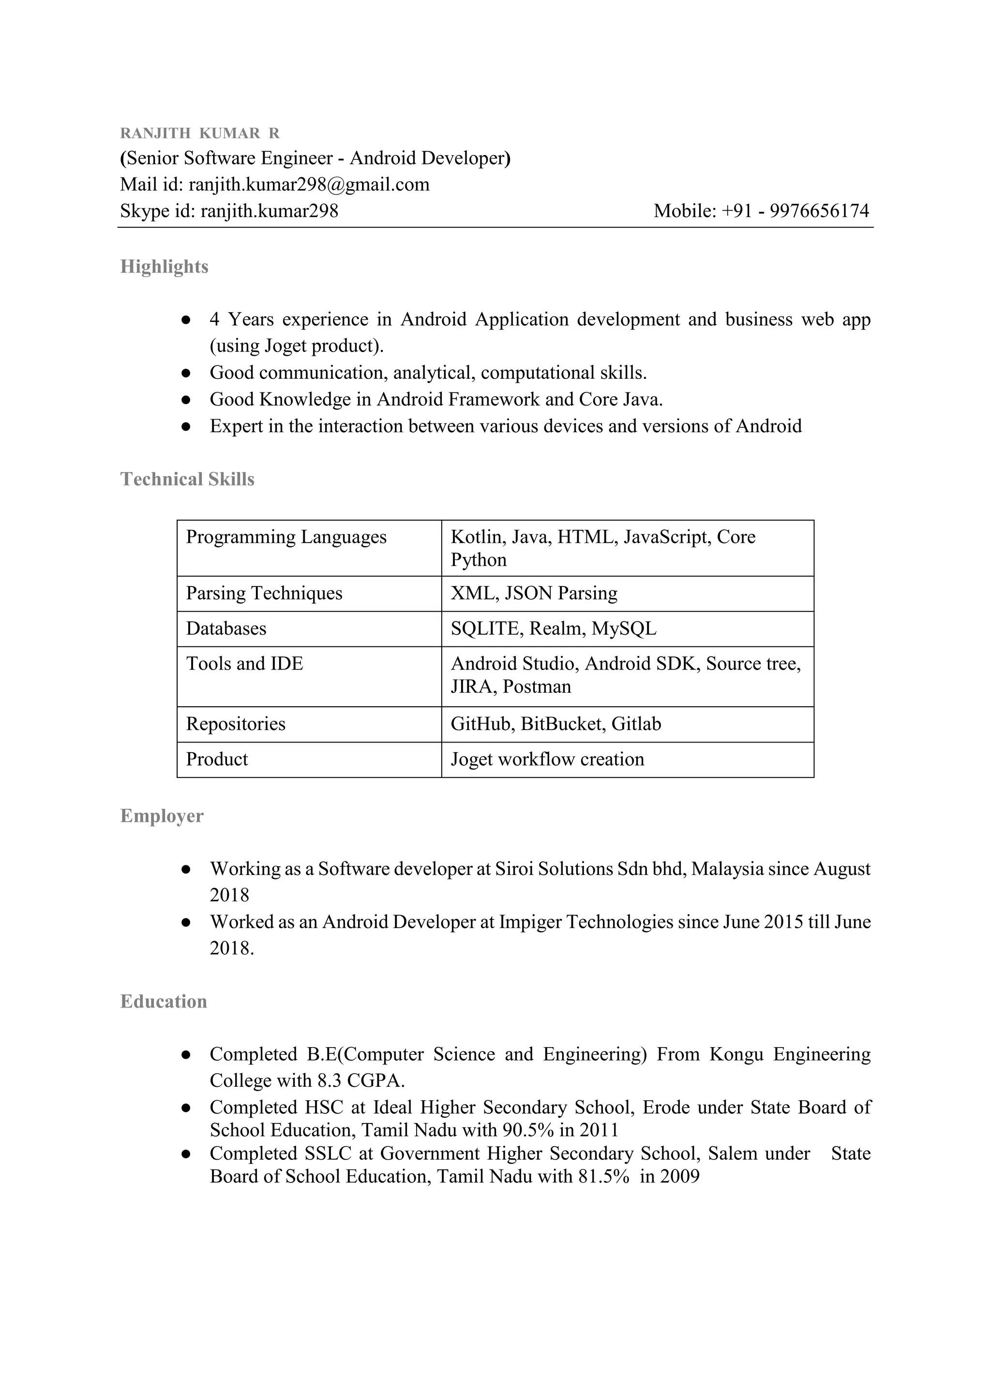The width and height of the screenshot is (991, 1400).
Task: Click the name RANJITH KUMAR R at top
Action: pos(199,133)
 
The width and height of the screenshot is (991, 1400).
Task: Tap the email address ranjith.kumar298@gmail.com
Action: pos(309,184)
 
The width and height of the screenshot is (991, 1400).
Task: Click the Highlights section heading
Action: pos(164,266)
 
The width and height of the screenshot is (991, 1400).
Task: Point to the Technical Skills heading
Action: pos(187,479)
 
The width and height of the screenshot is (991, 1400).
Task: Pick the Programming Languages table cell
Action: pos(286,537)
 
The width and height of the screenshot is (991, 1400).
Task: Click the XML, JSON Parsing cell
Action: pos(534,593)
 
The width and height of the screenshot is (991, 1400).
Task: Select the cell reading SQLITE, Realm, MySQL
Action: pos(553,628)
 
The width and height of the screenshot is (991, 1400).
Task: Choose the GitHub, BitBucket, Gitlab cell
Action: pos(556,724)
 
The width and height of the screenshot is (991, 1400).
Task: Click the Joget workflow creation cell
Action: pos(547,759)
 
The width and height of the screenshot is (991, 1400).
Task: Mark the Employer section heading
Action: pos(162,816)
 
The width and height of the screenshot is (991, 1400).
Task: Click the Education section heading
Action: pos(164,1001)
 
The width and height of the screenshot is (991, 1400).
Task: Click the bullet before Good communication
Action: pos(187,373)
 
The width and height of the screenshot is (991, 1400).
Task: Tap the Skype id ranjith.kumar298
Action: pos(269,211)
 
